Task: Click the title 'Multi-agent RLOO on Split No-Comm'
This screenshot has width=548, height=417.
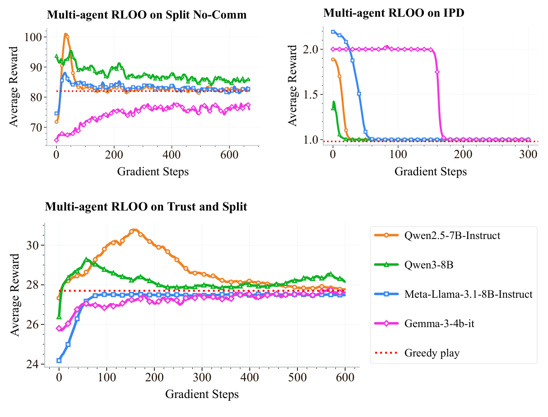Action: (x=147, y=15)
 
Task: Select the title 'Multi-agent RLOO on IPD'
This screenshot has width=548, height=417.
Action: (x=394, y=13)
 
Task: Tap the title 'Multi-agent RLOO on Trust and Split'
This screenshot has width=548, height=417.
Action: (x=146, y=207)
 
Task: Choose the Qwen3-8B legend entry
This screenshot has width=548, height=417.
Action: (x=429, y=265)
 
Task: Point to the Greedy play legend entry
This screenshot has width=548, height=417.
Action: (x=432, y=353)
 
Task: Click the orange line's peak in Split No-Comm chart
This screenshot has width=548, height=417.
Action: (x=65, y=34)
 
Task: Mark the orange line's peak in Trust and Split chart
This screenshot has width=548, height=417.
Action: (x=134, y=230)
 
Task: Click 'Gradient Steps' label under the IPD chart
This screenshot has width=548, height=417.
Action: (x=430, y=172)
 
